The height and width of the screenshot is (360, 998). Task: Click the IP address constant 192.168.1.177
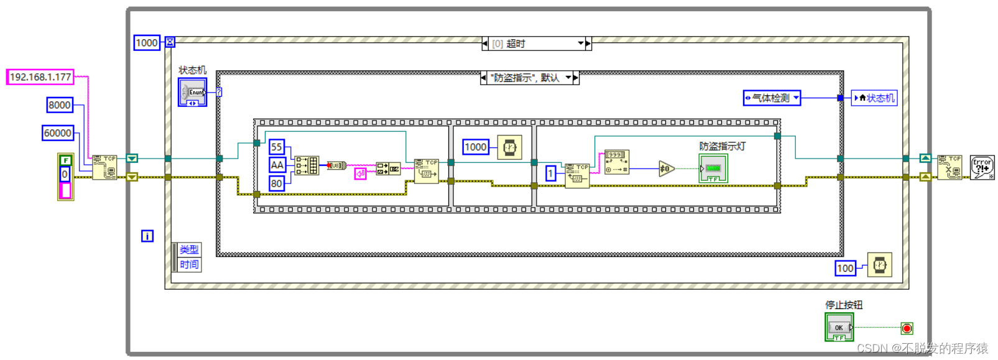(x=40, y=77)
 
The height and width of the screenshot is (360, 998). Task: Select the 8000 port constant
(x=60, y=105)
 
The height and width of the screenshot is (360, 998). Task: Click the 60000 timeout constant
(x=58, y=133)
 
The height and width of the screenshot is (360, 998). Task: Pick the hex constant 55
(x=277, y=147)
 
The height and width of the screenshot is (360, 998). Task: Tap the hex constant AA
(x=277, y=165)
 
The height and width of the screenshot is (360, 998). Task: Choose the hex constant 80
(x=277, y=183)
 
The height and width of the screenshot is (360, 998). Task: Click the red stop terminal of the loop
(x=907, y=328)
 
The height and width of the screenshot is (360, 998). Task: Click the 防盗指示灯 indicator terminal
(x=713, y=168)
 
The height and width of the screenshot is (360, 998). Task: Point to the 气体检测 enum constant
(x=772, y=98)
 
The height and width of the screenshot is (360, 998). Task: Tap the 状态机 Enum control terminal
(x=193, y=92)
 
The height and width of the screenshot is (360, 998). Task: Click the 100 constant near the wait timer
(x=845, y=268)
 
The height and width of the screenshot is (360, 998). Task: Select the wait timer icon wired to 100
(x=879, y=265)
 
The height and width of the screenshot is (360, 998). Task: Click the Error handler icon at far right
(x=982, y=167)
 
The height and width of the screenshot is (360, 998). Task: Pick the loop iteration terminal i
(x=147, y=236)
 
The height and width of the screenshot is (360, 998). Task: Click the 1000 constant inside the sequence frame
(x=475, y=147)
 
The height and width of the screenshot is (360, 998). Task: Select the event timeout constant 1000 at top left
(x=147, y=43)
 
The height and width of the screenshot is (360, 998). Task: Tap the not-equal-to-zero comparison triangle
(x=666, y=168)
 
